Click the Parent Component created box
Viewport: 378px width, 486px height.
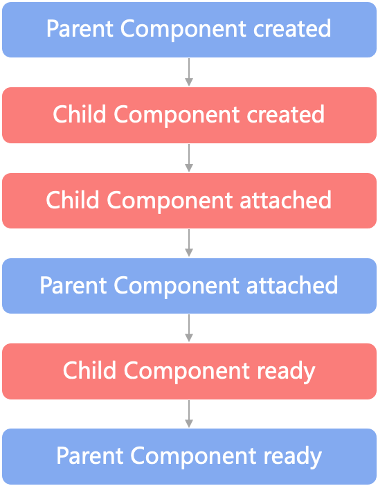point(189,30)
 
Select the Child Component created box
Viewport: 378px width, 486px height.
point(189,115)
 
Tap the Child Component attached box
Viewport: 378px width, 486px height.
point(189,201)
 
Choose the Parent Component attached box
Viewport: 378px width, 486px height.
point(189,286)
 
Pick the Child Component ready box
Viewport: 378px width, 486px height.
point(189,371)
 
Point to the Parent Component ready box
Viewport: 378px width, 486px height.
point(189,456)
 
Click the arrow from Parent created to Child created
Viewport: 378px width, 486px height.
point(189,72)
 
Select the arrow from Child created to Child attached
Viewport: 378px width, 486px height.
point(189,158)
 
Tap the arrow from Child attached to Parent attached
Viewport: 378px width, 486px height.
point(189,243)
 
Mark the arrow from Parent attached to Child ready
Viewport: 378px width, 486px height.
point(189,328)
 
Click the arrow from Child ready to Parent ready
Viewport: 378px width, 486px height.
point(189,414)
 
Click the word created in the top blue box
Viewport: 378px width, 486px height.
point(292,28)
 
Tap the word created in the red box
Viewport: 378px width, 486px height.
point(286,114)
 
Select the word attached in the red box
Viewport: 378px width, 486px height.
point(286,199)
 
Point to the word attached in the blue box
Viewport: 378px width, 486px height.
point(292,285)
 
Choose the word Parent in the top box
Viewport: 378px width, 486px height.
point(80,28)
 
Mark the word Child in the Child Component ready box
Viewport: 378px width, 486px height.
point(89,370)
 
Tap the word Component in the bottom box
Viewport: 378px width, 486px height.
point(193,457)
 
